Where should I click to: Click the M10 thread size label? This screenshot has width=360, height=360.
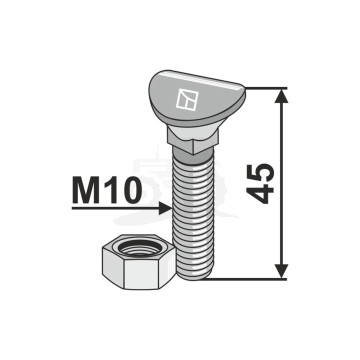tap(104, 191)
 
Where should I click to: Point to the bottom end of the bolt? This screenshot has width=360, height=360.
tap(196, 277)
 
